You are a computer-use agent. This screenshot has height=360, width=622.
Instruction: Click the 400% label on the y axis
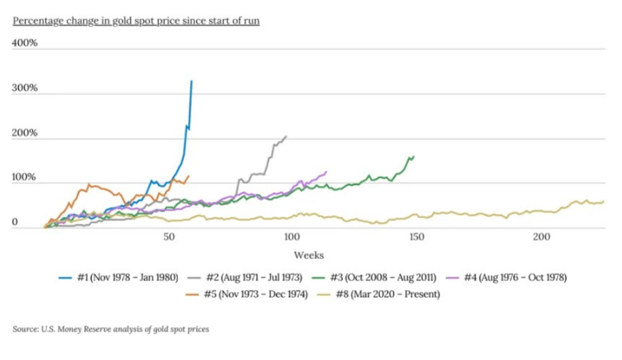tap(25, 44)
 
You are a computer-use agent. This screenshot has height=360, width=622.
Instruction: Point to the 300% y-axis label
tap(25, 88)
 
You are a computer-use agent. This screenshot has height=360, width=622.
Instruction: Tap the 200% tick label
tap(25, 133)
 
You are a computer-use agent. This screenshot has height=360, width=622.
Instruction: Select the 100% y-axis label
tap(25, 178)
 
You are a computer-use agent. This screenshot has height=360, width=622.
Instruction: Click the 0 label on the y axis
tap(15, 223)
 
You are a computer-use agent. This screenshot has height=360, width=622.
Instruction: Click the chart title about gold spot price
tap(136, 20)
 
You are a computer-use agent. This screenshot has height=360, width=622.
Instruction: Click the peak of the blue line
tap(191, 81)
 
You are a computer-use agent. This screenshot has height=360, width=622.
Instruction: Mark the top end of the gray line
tap(286, 136)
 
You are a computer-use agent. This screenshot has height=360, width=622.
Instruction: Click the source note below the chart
tap(111, 328)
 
